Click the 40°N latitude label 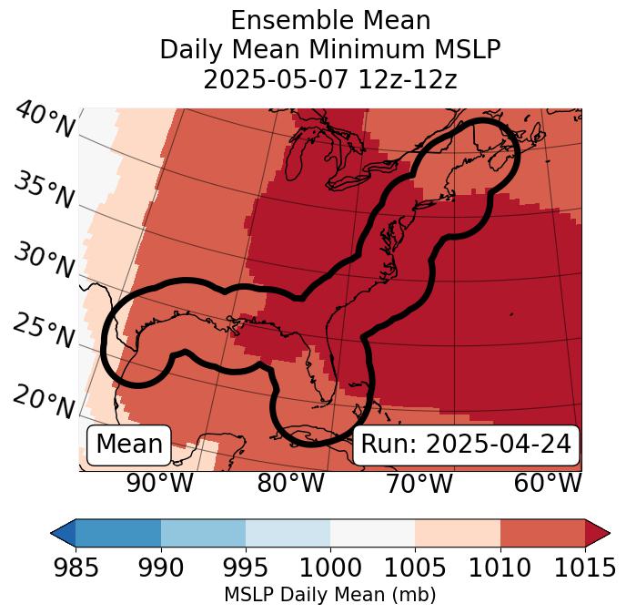click(x=45, y=120)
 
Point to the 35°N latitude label click(x=44, y=190)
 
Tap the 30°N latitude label click(x=44, y=261)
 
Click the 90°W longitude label click(x=160, y=483)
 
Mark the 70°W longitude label click(x=419, y=483)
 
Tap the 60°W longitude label click(x=548, y=483)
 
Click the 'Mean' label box click(x=129, y=445)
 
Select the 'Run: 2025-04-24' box click(x=466, y=445)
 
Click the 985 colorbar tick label click(x=76, y=568)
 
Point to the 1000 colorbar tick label click(x=330, y=568)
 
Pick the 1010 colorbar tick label click(x=500, y=568)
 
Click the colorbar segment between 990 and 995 click(x=203, y=533)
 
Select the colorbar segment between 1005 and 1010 click(x=458, y=533)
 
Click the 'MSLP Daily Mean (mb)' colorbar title click(x=330, y=595)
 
